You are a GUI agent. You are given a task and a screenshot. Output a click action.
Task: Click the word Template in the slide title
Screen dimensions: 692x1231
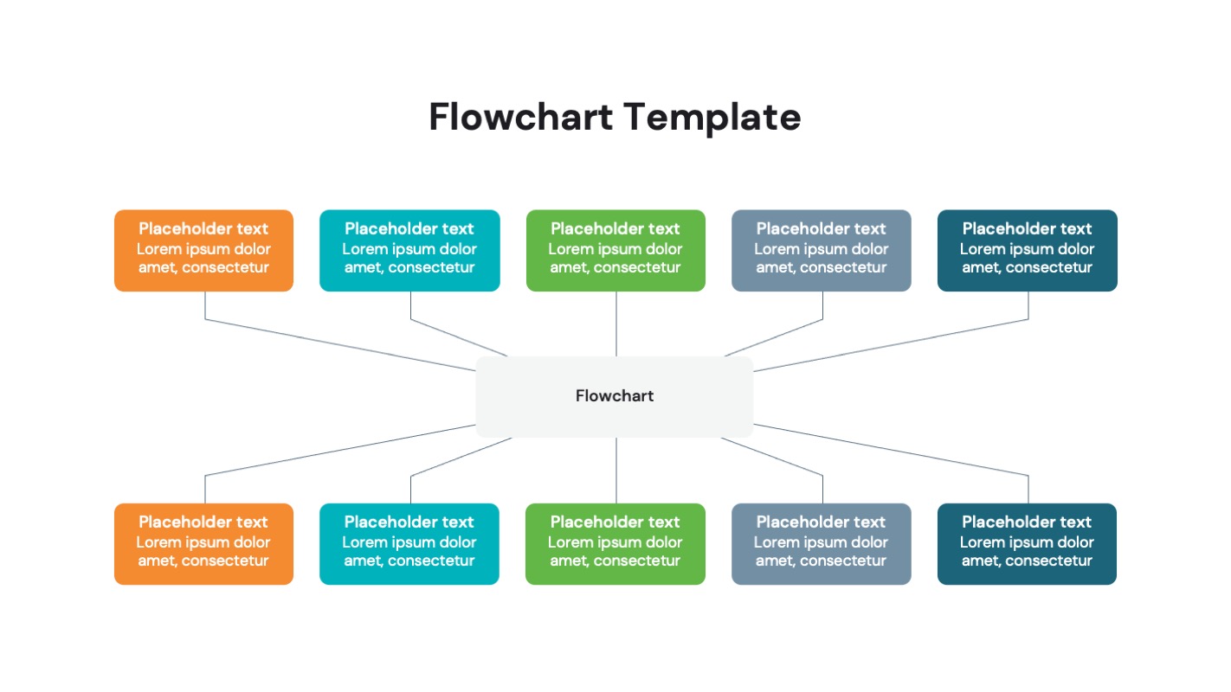click(712, 117)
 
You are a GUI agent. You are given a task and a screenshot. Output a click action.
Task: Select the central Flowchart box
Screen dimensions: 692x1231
click(615, 396)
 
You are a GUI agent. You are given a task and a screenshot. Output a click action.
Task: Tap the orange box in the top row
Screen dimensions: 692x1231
click(203, 250)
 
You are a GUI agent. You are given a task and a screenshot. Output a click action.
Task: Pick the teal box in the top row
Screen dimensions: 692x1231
click(409, 250)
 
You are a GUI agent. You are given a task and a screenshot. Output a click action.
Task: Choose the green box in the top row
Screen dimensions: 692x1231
click(615, 250)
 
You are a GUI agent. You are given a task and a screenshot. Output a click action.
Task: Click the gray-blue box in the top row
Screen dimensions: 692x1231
click(821, 250)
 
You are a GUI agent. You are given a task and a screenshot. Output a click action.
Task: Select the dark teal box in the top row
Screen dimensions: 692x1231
click(1027, 250)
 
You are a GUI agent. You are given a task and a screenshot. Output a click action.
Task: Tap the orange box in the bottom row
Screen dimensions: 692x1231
click(203, 543)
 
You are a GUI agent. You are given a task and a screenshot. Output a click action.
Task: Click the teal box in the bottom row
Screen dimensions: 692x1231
click(409, 543)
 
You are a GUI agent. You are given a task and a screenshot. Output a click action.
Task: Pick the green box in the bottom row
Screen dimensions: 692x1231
click(615, 543)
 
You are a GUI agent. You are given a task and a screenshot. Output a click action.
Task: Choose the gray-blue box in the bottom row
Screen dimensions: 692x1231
click(821, 543)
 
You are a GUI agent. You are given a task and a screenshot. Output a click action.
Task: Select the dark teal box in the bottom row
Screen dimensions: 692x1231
click(1027, 543)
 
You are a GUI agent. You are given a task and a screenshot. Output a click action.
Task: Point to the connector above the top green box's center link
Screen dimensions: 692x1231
click(616, 324)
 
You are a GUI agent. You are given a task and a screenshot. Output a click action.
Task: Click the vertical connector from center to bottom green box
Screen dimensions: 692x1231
click(616, 471)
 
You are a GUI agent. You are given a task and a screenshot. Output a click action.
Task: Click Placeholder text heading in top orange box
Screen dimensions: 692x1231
click(203, 229)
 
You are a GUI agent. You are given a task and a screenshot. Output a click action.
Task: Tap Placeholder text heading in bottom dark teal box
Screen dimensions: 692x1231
click(1027, 522)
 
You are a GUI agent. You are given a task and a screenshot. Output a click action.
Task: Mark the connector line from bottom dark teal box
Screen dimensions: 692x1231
click(892, 449)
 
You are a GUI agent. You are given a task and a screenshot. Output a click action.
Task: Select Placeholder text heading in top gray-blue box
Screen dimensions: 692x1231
click(821, 229)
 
